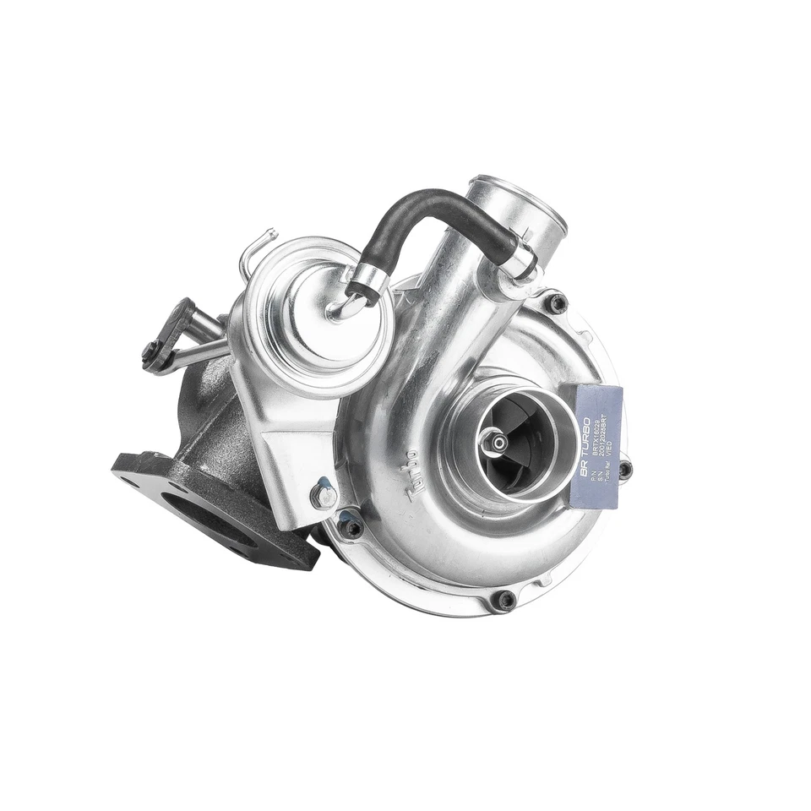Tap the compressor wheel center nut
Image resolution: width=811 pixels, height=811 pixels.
click(x=490, y=438)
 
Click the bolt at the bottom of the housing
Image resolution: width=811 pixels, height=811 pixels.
click(x=504, y=600)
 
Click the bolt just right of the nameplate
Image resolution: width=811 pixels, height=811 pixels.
click(x=624, y=470)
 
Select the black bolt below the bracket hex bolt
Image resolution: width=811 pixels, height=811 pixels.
click(x=351, y=528)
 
